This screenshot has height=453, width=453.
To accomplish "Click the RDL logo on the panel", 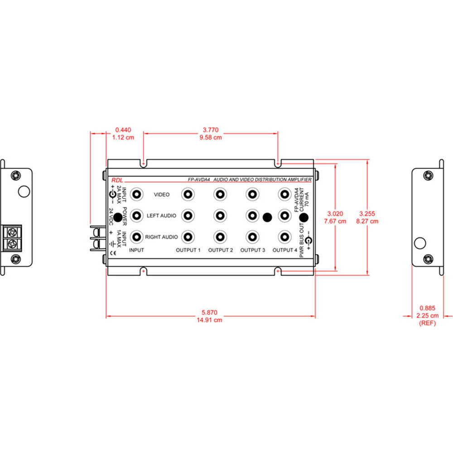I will pyautogui.click(x=117, y=179).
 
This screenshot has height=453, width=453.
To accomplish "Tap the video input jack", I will pyautogui.click(x=135, y=194).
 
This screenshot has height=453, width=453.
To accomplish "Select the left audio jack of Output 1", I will pyautogui.click(x=187, y=216).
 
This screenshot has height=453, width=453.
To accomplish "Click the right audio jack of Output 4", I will pyautogui.click(x=284, y=236).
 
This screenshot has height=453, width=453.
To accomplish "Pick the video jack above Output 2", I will pyautogui.click(x=219, y=194).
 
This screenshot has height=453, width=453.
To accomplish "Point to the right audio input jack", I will pyautogui.click(x=135, y=236).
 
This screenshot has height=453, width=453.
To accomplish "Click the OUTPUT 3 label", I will pyautogui.click(x=252, y=250).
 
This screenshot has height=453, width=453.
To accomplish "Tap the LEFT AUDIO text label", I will pyautogui.click(x=161, y=216).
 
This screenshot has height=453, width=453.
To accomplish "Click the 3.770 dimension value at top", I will pyautogui.click(x=211, y=130).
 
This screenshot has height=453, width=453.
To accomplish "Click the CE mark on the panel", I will pyautogui.click(x=114, y=253).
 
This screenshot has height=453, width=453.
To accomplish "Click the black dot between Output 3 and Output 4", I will pyautogui.click(x=267, y=217).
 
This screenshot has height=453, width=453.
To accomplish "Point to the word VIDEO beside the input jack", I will pyautogui.click(x=161, y=195).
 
